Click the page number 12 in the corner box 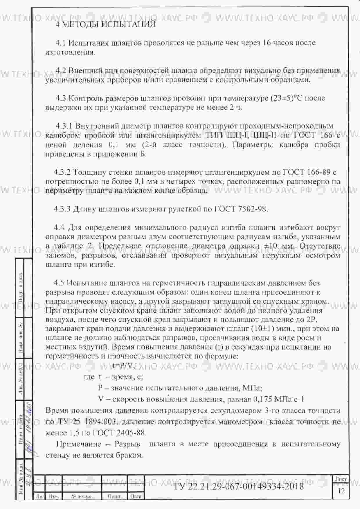click(341, 491)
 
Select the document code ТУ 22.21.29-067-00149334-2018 click(238, 486)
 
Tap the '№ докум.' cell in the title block click(82, 497)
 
